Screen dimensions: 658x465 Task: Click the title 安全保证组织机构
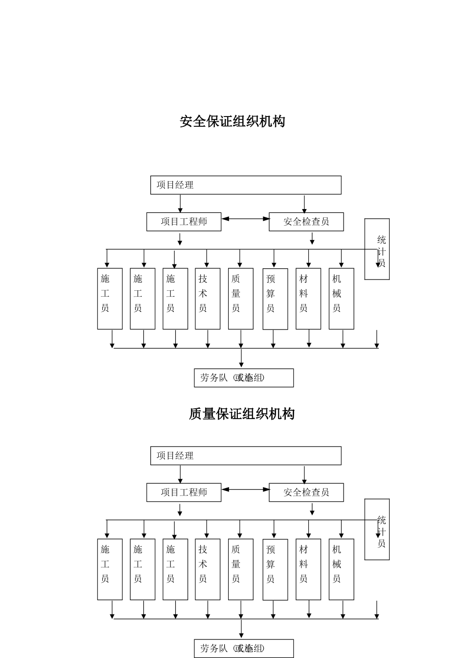(x=232, y=121)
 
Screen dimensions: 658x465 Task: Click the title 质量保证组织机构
(x=241, y=414)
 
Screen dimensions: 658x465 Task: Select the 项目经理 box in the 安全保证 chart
(x=245, y=185)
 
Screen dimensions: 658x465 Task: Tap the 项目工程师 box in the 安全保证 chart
(x=184, y=222)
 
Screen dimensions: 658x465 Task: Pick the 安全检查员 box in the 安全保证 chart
(x=306, y=222)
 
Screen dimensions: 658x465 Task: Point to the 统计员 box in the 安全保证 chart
(x=377, y=249)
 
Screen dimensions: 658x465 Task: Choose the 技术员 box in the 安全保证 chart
(x=208, y=298)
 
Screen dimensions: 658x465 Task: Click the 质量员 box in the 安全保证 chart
(x=240, y=298)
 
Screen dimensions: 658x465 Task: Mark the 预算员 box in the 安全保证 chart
(x=275, y=299)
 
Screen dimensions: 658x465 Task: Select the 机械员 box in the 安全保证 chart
(x=341, y=298)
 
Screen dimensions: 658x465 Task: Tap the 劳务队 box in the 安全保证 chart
(x=244, y=378)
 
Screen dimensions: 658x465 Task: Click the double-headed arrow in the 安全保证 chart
(x=245, y=219)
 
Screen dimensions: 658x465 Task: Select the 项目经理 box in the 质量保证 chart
(x=245, y=456)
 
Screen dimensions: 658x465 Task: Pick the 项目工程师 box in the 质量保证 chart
(x=184, y=493)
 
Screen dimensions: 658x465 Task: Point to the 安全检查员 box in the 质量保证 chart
(x=306, y=493)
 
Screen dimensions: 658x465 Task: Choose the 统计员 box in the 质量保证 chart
(x=377, y=529)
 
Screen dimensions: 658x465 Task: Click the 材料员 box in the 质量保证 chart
(x=308, y=569)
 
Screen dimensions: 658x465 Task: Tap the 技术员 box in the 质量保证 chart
(x=208, y=569)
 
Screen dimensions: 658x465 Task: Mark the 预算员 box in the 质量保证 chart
(x=275, y=569)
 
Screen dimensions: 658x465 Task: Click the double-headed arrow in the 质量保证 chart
(x=245, y=489)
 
